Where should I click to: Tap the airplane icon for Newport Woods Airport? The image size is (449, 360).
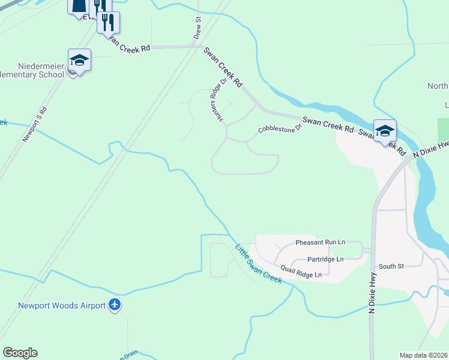[x=115, y=305]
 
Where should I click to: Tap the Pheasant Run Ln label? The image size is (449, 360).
[x=320, y=242]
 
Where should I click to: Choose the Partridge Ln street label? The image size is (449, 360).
[x=325, y=259]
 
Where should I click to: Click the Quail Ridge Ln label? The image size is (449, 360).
[x=301, y=274]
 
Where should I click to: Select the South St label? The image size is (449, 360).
[x=391, y=266]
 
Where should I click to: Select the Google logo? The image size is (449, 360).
[x=20, y=353]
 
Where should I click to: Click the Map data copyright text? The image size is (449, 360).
[x=423, y=355]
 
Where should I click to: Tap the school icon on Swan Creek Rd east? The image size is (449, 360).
[x=384, y=130]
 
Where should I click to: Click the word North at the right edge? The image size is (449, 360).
[x=438, y=86]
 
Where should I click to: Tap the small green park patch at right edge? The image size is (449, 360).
[x=443, y=129]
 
